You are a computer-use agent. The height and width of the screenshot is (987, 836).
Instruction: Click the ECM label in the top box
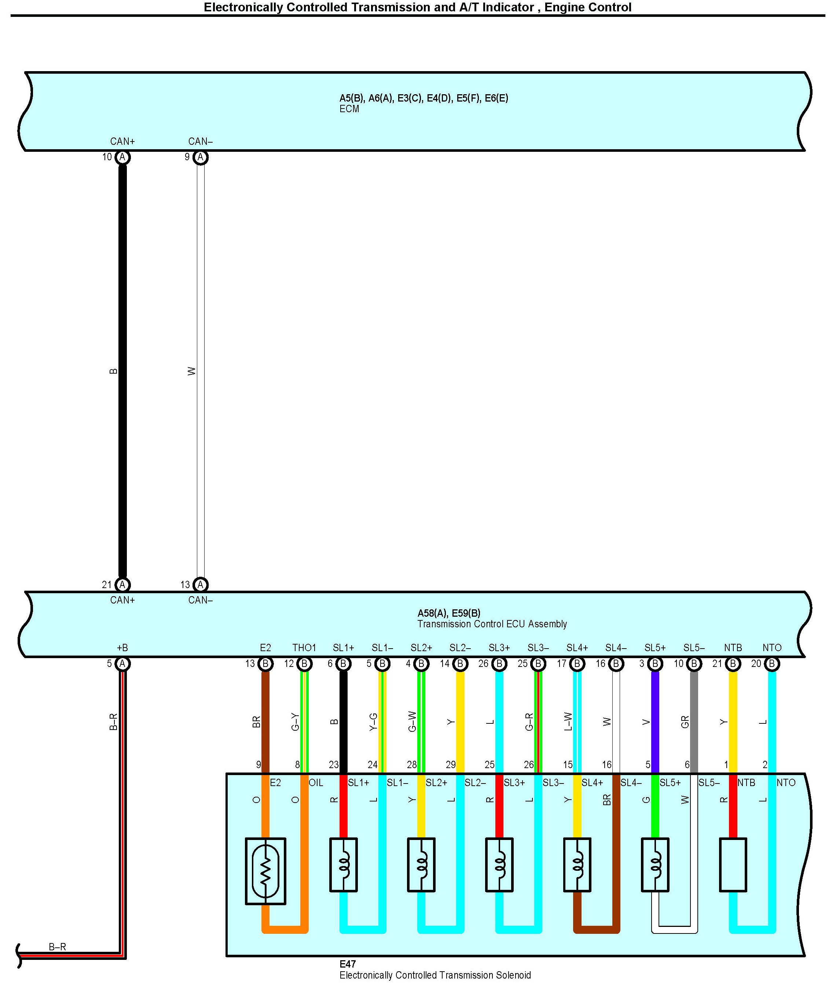pyautogui.click(x=349, y=109)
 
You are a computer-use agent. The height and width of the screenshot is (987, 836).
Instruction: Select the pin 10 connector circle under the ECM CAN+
pyautogui.click(x=122, y=157)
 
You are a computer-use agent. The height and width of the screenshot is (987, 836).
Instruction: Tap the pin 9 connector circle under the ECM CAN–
pyautogui.click(x=201, y=157)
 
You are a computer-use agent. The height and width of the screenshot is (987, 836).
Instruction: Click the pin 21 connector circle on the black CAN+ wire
pyautogui.click(x=122, y=585)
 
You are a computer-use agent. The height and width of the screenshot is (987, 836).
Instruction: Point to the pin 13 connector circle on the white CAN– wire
pyautogui.click(x=201, y=585)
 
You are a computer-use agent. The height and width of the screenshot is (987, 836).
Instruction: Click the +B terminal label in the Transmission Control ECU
pyautogui.click(x=122, y=648)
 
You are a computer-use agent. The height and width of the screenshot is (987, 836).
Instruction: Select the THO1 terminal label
pyautogui.click(x=304, y=648)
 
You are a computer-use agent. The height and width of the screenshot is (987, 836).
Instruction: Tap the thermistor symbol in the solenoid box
pyautogui.click(x=265, y=871)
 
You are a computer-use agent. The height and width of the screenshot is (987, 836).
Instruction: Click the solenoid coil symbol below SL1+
pyautogui.click(x=343, y=865)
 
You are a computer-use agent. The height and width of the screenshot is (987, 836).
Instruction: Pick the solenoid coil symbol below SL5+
pyautogui.click(x=655, y=865)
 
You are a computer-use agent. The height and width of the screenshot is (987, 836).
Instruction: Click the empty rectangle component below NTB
pyautogui.click(x=733, y=865)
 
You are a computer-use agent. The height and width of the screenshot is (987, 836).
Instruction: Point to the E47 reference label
pyautogui.click(x=347, y=964)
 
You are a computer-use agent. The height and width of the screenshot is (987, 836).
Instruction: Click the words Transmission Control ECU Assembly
pyautogui.click(x=492, y=624)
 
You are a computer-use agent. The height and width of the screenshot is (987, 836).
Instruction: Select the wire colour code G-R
pyautogui.click(x=529, y=722)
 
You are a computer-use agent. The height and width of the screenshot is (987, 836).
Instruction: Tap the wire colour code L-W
pyautogui.click(x=568, y=722)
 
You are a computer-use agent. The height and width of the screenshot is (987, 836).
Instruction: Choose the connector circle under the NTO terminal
pyautogui.click(x=771, y=664)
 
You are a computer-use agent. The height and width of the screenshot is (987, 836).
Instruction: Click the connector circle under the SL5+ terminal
pyautogui.click(x=655, y=664)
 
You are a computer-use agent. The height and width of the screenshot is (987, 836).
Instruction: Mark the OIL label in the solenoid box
pyautogui.click(x=316, y=783)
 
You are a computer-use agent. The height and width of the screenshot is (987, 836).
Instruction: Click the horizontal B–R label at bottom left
pyautogui.click(x=57, y=947)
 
